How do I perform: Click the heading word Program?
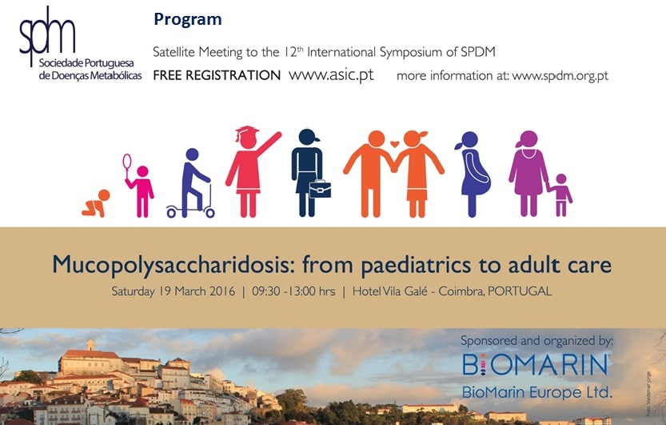188,19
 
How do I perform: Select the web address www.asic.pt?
331,75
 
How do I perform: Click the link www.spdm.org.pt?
560,76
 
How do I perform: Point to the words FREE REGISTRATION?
217,75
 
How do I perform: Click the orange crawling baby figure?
96,203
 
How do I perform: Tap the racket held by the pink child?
127,163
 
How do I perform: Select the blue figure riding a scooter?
190,183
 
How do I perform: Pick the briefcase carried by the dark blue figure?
320,189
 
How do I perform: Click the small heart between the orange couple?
395,143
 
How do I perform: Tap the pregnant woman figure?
473,174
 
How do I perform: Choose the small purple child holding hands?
560,195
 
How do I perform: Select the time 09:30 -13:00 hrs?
293,291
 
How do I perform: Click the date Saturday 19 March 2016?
173,291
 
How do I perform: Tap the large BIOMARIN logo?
535,365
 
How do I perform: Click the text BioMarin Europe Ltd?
537,391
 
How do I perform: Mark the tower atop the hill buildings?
90,344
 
